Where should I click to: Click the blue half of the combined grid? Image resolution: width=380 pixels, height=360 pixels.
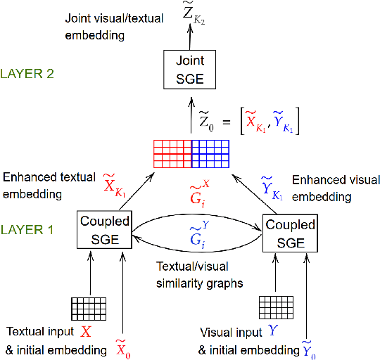point(210,152)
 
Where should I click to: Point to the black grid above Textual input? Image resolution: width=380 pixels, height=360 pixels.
point(89,307)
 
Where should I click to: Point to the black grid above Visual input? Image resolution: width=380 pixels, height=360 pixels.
point(276,307)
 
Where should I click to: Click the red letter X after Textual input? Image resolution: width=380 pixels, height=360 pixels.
point(86,331)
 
